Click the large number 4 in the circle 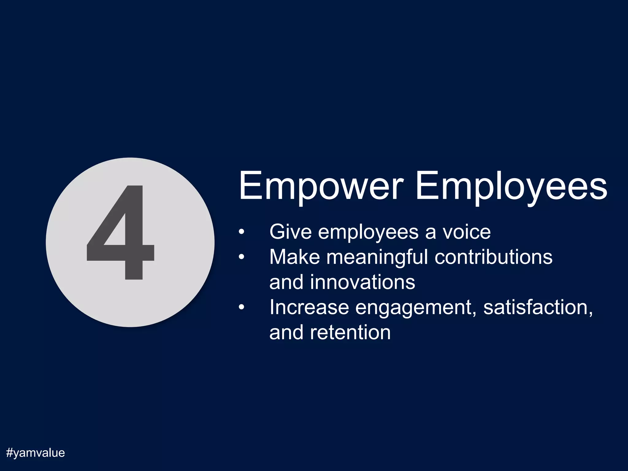tap(121, 233)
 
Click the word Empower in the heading tap(320, 186)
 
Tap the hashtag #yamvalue tap(36, 453)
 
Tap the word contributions tap(493, 257)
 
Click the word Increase tap(309, 307)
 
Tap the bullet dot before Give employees tap(242, 232)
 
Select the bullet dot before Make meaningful tap(242, 257)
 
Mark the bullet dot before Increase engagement tap(242, 308)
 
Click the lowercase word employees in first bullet tap(368, 232)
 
